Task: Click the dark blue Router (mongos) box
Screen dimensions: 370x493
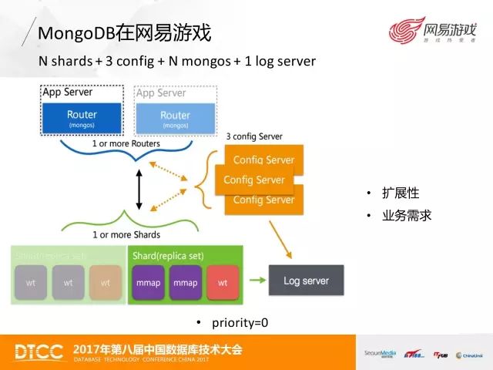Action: click(82, 119)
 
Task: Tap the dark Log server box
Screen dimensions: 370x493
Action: click(306, 281)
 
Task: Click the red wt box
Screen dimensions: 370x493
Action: click(223, 283)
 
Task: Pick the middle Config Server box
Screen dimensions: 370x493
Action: click(254, 180)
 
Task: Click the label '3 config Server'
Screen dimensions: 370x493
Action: click(254, 136)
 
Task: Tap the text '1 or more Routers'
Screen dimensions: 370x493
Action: click(126, 143)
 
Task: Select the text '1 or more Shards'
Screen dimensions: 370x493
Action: click(126, 234)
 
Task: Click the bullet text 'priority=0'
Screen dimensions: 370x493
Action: click(238, 322)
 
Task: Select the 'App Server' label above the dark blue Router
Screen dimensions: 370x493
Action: click(69, 92)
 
